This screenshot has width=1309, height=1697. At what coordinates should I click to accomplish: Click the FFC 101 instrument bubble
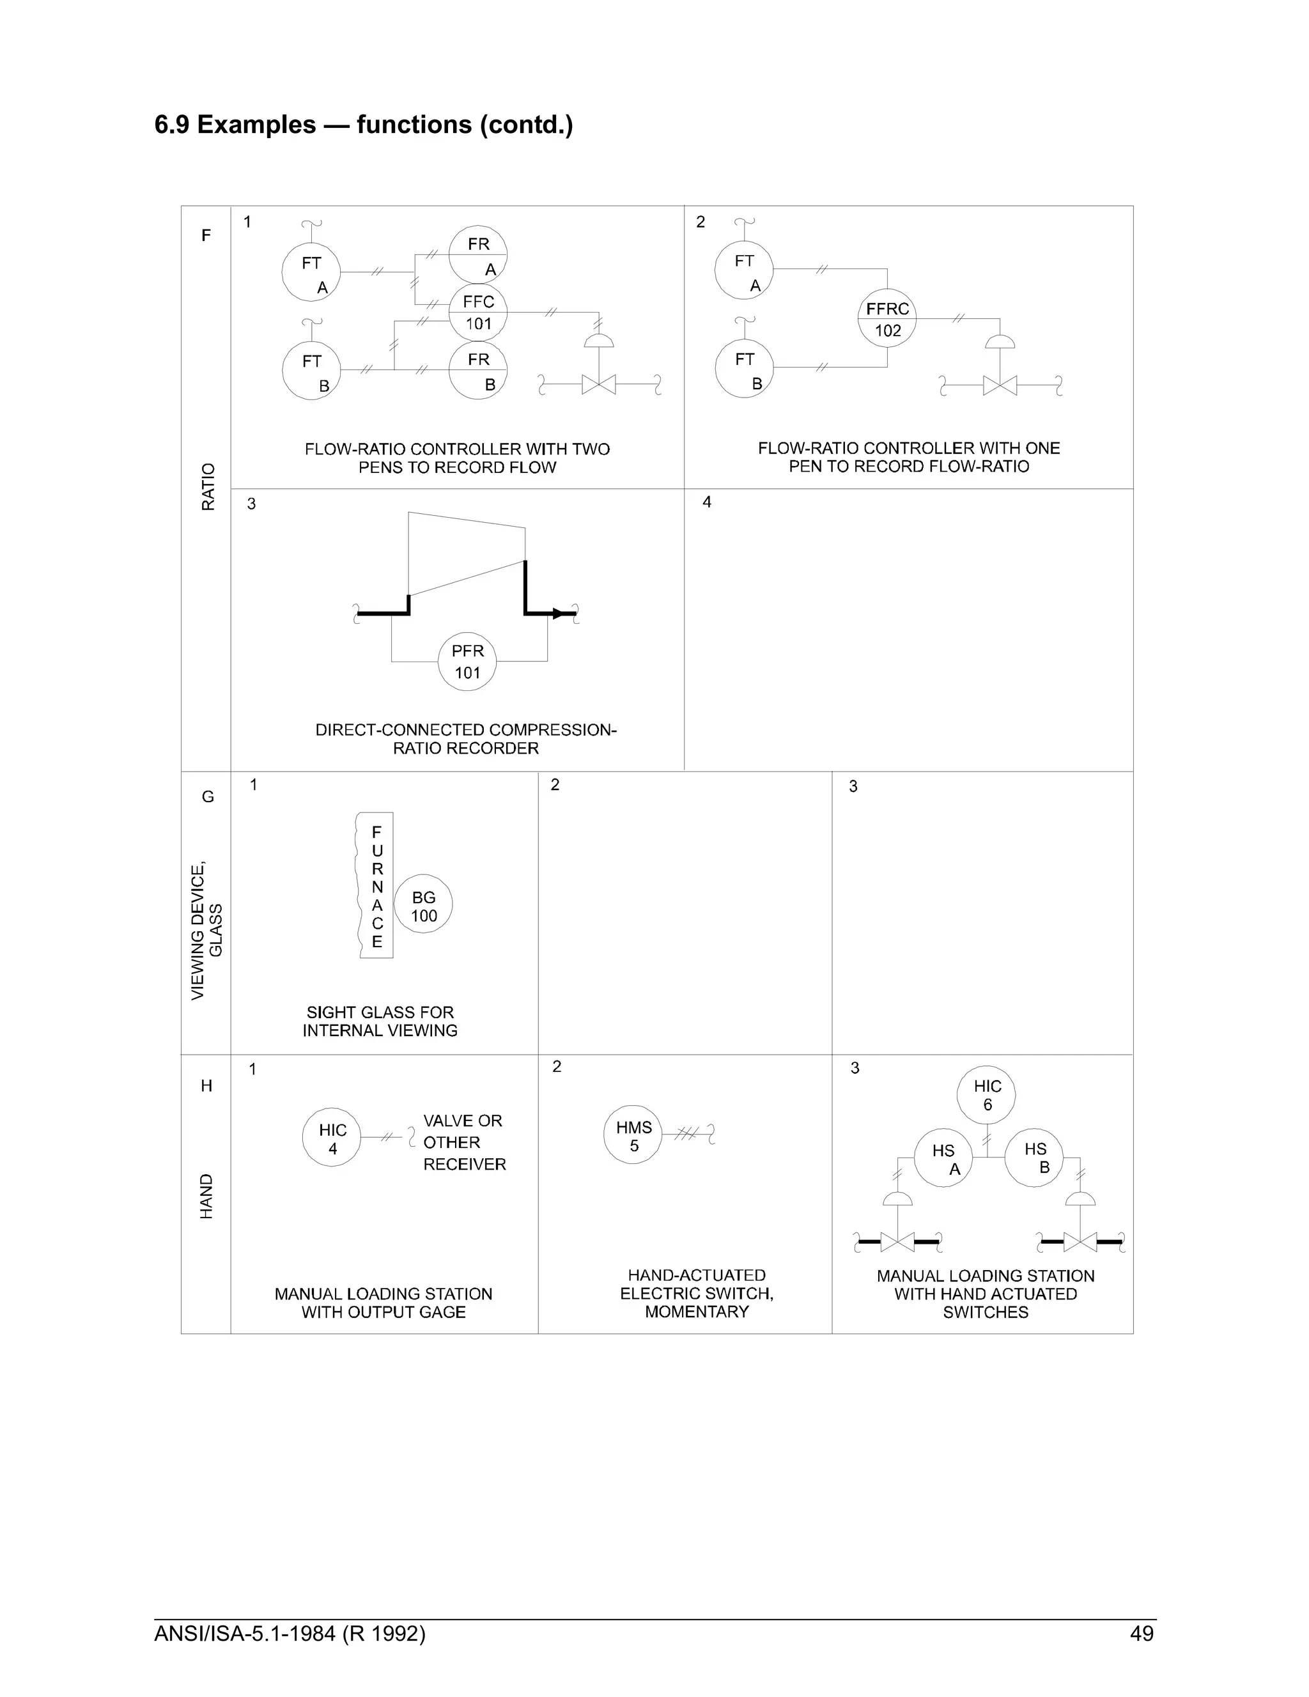point(477,313)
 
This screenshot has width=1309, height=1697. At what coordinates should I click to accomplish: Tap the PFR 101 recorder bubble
point(467,662)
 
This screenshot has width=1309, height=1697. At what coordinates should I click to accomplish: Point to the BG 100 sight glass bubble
point(423,905)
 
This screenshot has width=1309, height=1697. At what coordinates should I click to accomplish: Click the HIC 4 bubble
point(332,1138)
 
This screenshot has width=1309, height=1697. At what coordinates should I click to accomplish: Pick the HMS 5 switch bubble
point(633,1135)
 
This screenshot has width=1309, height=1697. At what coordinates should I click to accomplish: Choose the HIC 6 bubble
point(987,1095)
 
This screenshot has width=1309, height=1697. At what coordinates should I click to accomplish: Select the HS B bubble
point(1034,1158)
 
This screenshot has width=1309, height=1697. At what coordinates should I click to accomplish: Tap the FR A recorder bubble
point(477,255)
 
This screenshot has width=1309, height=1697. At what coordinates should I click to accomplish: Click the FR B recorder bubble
point(477,371)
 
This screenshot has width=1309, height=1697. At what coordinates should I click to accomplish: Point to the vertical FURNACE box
point(376,885)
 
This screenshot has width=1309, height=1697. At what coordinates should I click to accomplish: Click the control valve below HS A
point(897,1242)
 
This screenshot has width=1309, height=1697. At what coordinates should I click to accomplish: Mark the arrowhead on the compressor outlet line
point(557,614)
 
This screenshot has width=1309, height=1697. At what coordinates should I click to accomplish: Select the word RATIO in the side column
point(208,486)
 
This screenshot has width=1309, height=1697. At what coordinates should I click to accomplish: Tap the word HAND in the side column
point(206,1196)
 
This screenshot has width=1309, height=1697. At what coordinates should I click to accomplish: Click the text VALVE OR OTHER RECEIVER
point(464,1142)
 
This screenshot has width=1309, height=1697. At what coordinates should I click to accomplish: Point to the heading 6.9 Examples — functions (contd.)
point(364,125)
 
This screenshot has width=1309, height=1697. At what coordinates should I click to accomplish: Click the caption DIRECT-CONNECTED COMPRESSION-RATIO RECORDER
point(465,739)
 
